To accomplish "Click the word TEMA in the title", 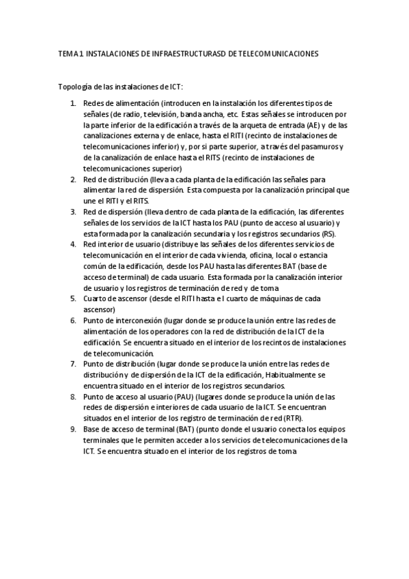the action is (68, 53).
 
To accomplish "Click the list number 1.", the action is (74, 102).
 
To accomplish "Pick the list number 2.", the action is (74, 179).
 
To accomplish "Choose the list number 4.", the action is (74, 244).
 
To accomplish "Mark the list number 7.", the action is (74, 364).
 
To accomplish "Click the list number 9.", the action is (74, 429).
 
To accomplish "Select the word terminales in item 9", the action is (102, 440).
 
